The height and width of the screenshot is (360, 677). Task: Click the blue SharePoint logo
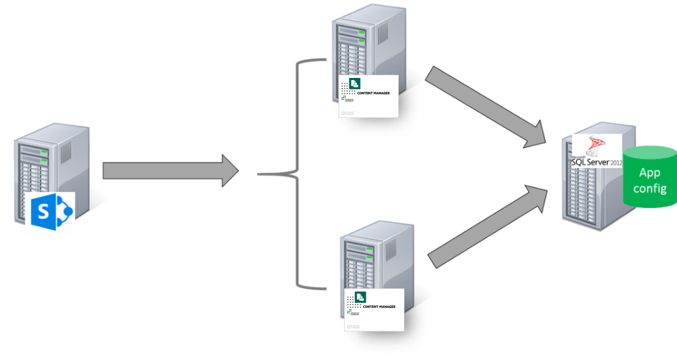[52, 212]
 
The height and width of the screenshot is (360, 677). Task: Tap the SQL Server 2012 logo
[596, 152]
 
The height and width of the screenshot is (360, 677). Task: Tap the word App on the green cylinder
[650, 172]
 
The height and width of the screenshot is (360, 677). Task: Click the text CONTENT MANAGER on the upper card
[374, 93]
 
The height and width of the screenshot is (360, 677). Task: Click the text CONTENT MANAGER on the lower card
[380, 307]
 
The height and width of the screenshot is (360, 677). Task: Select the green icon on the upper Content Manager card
[354, 83]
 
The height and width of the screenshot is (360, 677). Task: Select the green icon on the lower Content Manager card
[360, 297]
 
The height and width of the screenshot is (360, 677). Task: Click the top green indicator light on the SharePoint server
[45, 152]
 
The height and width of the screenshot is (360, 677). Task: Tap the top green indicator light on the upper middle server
[361, 29]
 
